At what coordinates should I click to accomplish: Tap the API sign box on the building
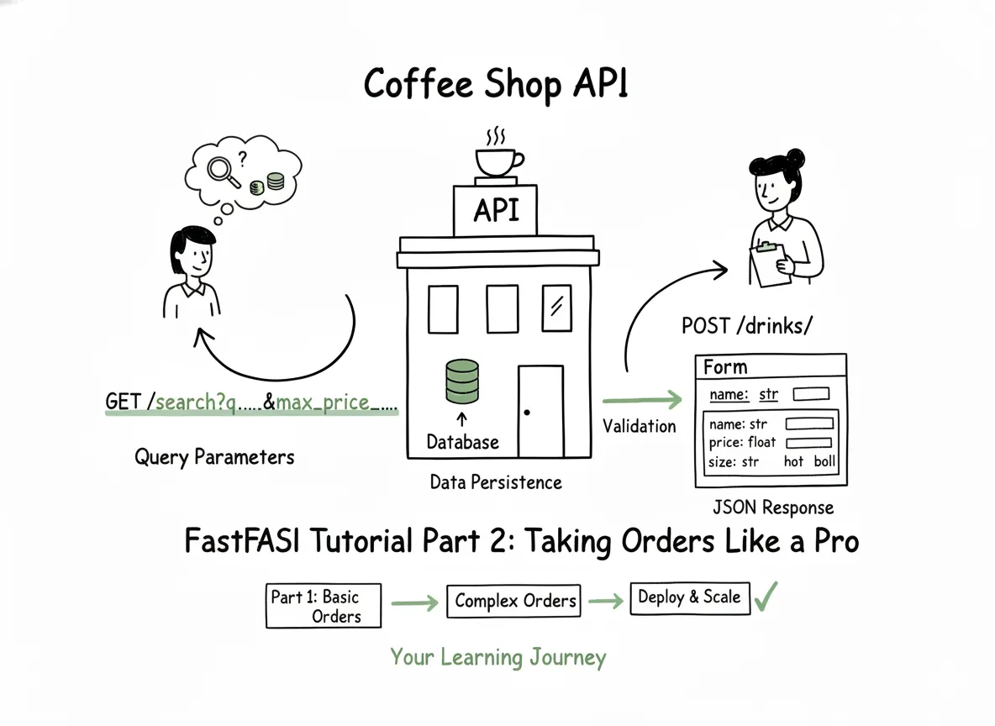tap(496, 210)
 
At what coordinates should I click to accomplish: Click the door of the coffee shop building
tap(540, 411)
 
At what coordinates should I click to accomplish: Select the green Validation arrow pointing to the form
tap(642, 401)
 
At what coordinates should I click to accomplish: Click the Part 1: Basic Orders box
tap(324, 606)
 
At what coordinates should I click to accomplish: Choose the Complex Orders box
tap(514, 601)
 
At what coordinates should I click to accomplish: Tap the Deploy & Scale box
tap(689, 597)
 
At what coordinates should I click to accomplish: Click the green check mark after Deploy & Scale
tap(766, 596)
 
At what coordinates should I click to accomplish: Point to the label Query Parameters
tap(214, 457)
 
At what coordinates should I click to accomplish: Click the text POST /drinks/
tap(747, 325)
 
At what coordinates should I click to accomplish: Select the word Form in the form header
tap(724, 367)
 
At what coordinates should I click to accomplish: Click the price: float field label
tap(742, 442)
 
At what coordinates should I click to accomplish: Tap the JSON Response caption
tap(772, 508)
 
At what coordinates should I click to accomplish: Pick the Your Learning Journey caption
tap(497, 657)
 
